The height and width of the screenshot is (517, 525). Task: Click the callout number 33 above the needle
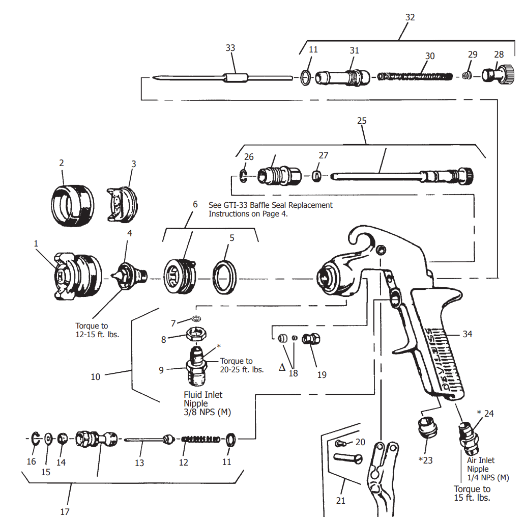point(230,48)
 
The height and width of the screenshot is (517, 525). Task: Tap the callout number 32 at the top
point(410,17)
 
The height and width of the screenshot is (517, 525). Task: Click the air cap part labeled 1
point(76,275)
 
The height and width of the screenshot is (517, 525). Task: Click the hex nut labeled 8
point(196,335)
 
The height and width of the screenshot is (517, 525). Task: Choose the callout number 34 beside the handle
point(468,334)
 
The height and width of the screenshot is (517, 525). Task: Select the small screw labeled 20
point(342,444)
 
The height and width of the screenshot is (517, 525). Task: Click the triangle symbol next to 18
point(282,367)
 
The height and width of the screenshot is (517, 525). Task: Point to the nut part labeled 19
point(310,339)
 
